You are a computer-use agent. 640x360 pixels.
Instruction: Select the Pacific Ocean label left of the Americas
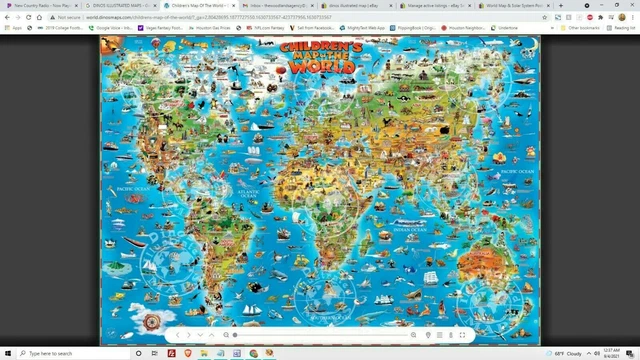coord(132,187)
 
